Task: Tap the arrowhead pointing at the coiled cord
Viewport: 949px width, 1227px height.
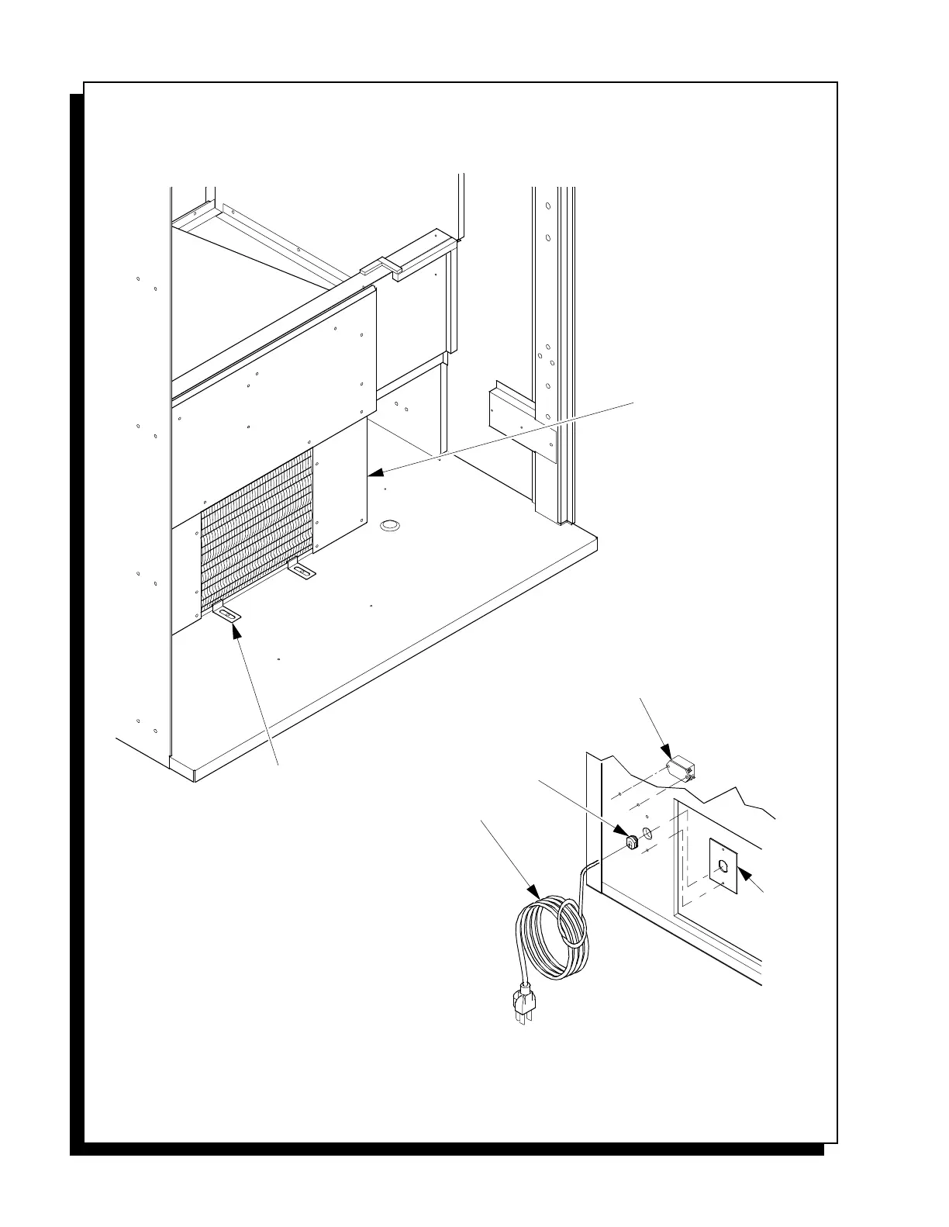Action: (x=534, y=892)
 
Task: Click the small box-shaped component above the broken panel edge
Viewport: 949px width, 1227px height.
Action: (x=681, y=769)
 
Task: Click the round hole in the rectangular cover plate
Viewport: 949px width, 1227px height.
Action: (x=723, y=866)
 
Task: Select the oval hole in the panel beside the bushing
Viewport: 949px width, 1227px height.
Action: (x=649, y=835)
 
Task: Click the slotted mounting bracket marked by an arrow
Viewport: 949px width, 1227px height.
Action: (x=226, y=613)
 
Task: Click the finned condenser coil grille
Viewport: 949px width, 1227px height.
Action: (x=256, y=527)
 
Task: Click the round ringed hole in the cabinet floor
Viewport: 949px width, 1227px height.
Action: (x=390, y=526)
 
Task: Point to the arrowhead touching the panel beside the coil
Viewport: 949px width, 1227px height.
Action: (x=375, y=471)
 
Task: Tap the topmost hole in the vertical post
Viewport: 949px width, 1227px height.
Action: (x=548, y=206)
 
